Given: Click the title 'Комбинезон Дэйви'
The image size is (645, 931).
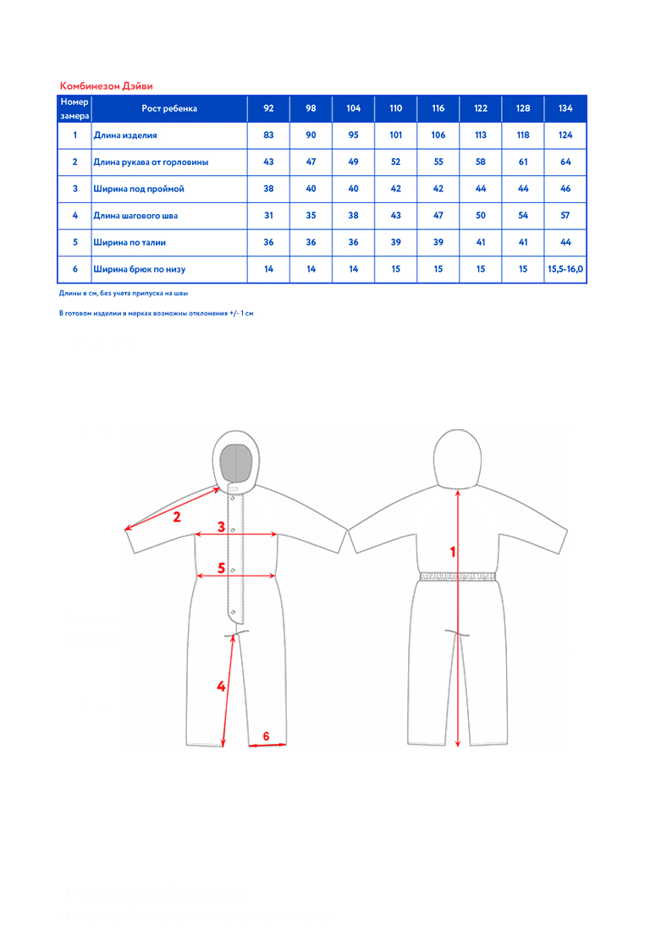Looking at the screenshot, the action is [x=107, y=86].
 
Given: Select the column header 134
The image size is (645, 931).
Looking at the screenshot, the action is [x=565, y=108].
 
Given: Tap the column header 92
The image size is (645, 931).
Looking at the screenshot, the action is [x=268, y=108].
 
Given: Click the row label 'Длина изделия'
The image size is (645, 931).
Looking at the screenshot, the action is [x=125, y=135].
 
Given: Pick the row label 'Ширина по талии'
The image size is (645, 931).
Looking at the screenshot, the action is [x=130, y=242].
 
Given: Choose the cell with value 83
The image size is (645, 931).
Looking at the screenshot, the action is [x=268, y=135].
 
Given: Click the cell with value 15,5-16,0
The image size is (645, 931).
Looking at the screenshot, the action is [x=565, y=269].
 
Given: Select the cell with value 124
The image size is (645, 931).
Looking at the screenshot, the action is [x=565, y=135].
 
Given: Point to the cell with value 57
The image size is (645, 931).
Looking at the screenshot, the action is [x=565, y=215].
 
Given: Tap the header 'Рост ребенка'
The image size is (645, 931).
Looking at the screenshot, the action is [x=169, y=108].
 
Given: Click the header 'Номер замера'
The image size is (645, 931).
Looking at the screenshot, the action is [x=74, y=108].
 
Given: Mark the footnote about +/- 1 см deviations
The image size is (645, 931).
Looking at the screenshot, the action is [x=157, y=313].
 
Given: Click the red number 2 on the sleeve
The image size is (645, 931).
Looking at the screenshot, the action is [x=176, y=517].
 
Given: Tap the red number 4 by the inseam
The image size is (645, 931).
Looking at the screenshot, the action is [x=221, y=686].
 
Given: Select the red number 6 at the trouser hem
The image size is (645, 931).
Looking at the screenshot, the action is [x=266, y=736].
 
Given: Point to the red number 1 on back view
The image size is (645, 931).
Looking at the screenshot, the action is [x=453, y=552].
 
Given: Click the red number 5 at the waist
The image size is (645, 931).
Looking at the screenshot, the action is [x=221, y=568].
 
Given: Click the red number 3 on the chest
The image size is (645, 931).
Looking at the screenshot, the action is [x=221, y=526].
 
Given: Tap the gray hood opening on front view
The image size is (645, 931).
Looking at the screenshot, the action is [x=236, y=462].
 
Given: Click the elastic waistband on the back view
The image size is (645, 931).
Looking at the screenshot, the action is [x=457, y=576].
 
